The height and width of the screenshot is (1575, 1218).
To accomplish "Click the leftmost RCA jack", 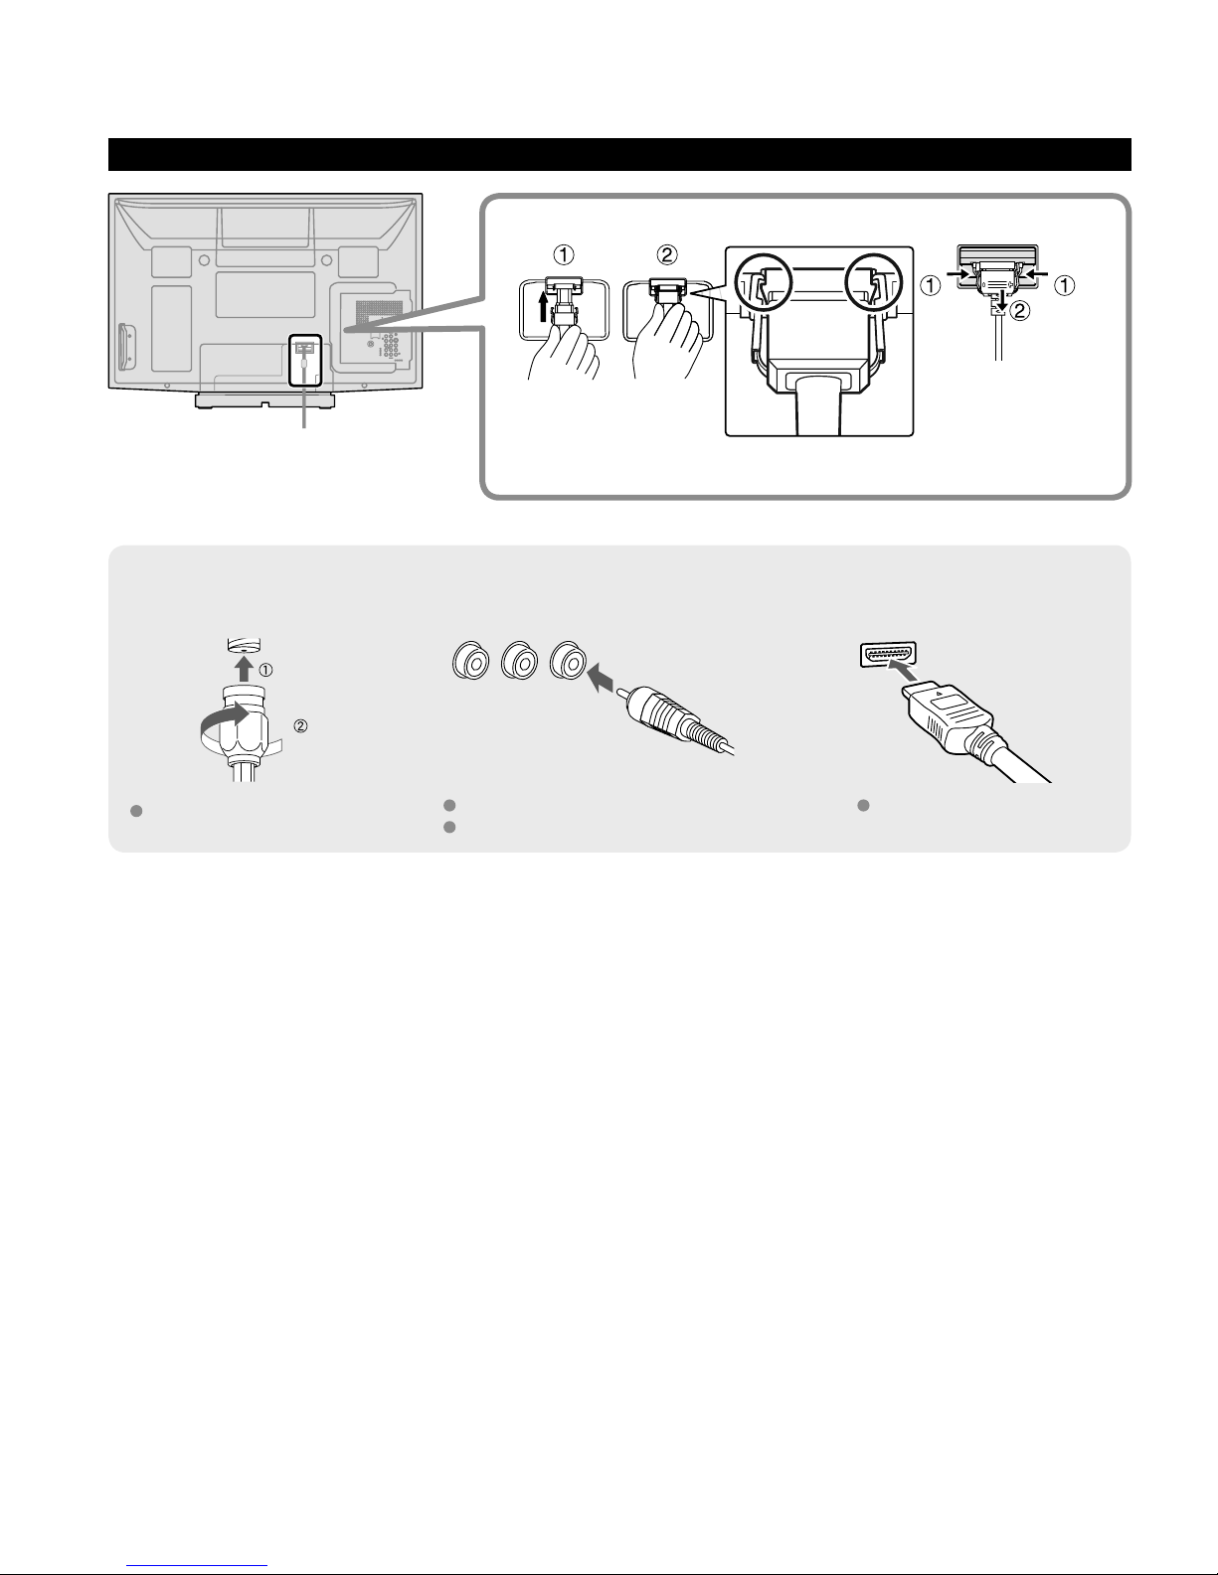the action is (x=470, y=661).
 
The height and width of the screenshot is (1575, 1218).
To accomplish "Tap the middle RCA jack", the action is (x=519, y=661).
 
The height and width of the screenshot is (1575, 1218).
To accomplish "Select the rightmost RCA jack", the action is (x=567, y=661).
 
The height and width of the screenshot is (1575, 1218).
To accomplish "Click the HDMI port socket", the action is (x=888, y=655).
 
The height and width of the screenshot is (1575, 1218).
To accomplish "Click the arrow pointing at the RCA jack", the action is (x=602, y=680).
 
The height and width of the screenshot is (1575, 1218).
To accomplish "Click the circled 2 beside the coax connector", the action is (x=300, y=725).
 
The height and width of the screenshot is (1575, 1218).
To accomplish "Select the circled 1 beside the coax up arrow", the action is (x=266, y=671).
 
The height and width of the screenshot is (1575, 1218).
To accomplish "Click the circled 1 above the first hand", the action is (x=564, y=254).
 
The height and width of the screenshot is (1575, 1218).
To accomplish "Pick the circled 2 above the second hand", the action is (x=667, y=254).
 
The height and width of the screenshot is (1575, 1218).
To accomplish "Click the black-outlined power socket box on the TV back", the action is (x=304, y=361).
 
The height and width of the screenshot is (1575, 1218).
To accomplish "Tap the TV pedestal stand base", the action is (x=264, y=400).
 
